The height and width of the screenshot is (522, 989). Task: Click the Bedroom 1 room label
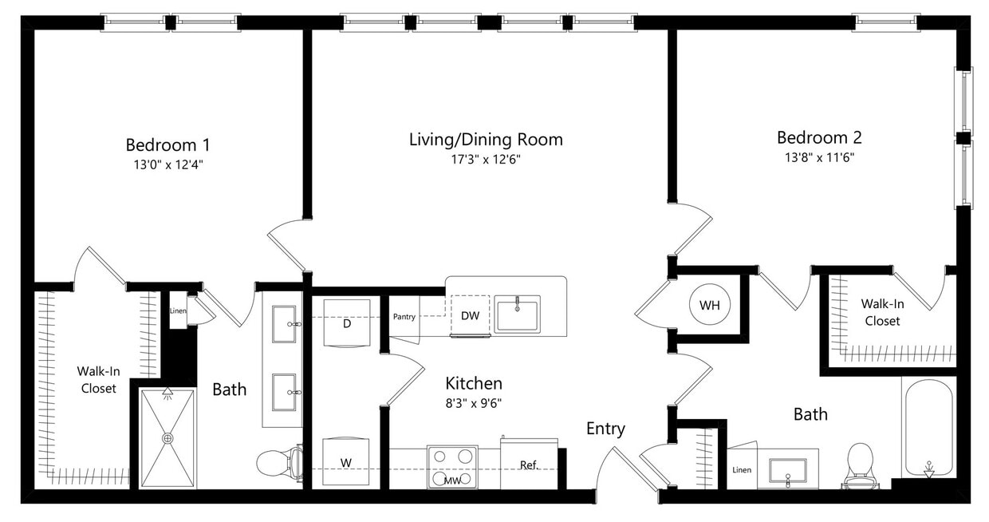pyautogui.click(x=167, y=144)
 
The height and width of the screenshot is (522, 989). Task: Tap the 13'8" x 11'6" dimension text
pyautogui.click(x=819, y=157)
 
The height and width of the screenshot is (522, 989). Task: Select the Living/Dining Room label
pyautogui.click(x=486, y=140)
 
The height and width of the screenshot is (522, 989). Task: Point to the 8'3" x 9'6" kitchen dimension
pyautogui.click(x=474, y=402)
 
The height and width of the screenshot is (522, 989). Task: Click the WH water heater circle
pyautogui.click(x=709, y=306)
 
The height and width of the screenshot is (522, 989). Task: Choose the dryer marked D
pyautogui.click(x=347, y=323)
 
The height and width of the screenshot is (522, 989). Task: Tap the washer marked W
pyautogui.click(x=346, y=462)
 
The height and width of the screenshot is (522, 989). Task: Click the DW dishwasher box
pyautogui.click(x=471, y=316)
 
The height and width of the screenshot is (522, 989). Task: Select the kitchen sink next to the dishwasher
pyautogui.click(x=517, y=313)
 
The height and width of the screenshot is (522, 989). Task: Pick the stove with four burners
pyautogui.click(x=451, y=461)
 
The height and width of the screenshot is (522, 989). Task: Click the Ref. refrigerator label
pyautogui.click(x=529, y=465)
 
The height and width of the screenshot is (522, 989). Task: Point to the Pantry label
pyautogui.click(x=404, y=317)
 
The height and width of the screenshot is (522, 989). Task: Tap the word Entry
pyautogui.click(x=605, y=429)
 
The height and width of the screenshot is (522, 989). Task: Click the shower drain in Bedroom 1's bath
pyautogui.click(x=167, y=438)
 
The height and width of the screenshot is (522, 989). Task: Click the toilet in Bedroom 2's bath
pyautogui.click(x=861, y=465)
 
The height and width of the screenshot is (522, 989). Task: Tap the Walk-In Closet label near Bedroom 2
pyautogui.click(x=881, y=312)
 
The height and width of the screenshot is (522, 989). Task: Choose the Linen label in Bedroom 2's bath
pyautogui.click(x=741, y=470)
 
